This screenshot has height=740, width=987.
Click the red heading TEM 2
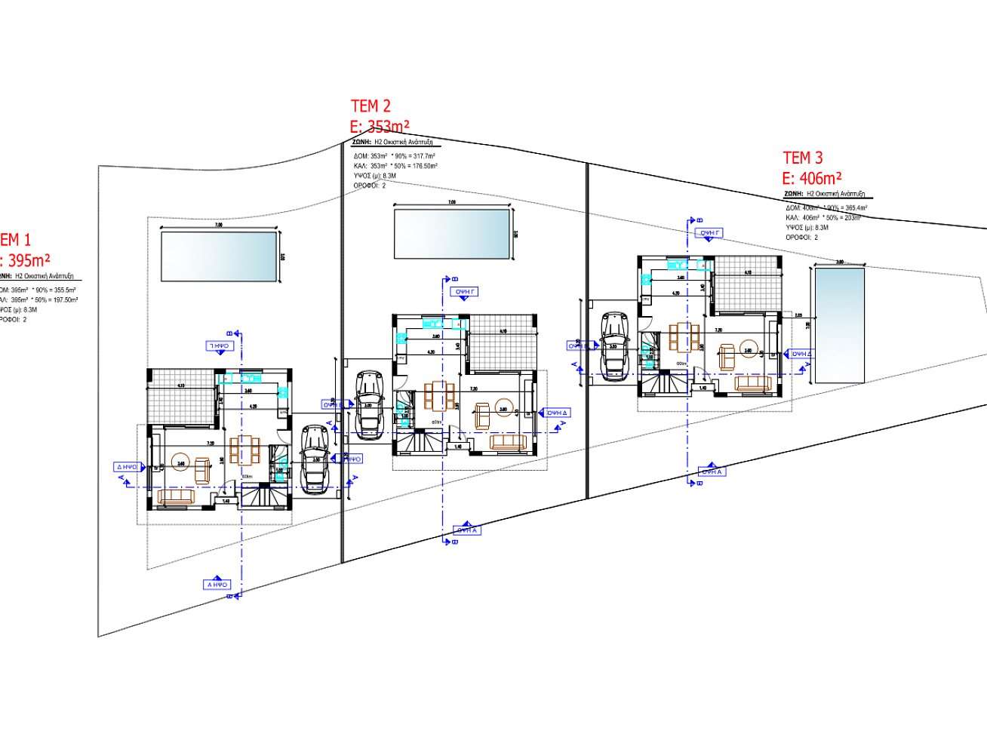pos(371,106)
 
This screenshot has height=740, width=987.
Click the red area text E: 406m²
pos(812,179)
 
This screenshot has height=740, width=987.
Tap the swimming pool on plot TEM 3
pos(838,325)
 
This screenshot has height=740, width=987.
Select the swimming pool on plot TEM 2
pos(451,234)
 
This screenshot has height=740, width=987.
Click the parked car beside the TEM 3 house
pos(614,342)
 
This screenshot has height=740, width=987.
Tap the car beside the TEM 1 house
pos(313,459)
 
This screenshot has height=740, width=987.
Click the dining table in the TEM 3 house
pos(682,337)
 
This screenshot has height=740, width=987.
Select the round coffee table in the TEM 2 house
pos(503,411)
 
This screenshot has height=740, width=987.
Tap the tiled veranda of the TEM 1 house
pos(181,396)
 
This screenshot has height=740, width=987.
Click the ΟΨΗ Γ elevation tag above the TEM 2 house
pos(465,291)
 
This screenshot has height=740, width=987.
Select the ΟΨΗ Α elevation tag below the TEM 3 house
pos(712,471)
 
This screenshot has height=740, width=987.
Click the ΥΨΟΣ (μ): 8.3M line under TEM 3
pos(807,227)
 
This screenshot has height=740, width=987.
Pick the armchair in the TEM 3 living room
pos(727,356)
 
